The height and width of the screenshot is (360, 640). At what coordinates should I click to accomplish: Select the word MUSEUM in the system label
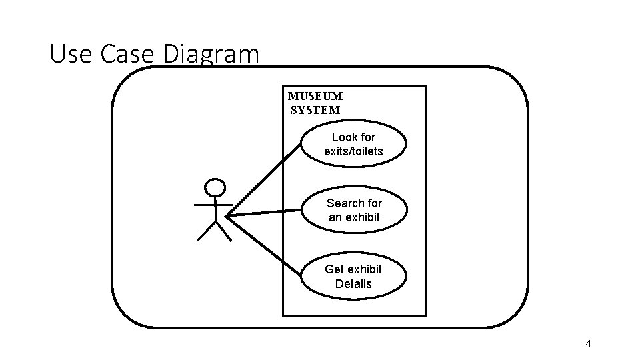[315, 96]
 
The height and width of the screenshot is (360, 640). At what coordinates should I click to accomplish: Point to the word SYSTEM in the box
[315, 110]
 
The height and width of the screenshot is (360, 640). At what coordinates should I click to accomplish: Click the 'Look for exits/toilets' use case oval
[354, 144]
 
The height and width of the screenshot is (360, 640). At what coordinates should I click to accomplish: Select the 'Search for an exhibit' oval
[354, 210]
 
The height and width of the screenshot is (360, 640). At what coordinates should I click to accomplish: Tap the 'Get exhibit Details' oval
[353, 276]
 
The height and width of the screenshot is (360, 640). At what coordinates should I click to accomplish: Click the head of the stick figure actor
[214, 187]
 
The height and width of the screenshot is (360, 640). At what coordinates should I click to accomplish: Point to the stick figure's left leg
[206, 231]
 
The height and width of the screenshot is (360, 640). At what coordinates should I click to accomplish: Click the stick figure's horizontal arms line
[214, 204]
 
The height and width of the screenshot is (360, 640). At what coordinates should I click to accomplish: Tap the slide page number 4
[588, 344]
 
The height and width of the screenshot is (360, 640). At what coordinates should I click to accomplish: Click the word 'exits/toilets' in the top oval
[354, 151]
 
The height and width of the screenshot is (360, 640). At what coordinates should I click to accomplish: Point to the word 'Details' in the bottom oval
[353, 283]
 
